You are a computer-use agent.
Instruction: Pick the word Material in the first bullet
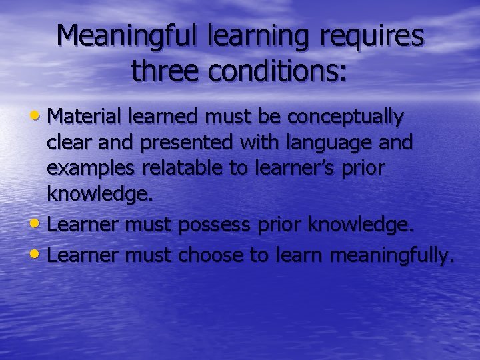(83, 117)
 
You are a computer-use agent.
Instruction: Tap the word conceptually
(345, 117)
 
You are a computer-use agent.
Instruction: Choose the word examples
(89, 168)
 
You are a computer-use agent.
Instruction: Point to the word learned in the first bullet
(162, 117)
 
